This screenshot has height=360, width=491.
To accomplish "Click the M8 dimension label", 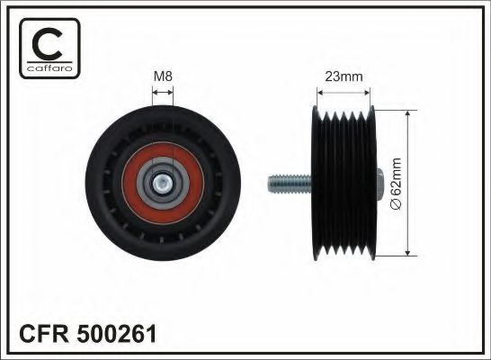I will (x=163, y=76).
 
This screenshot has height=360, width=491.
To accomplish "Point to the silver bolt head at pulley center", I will (x=163, y=184).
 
